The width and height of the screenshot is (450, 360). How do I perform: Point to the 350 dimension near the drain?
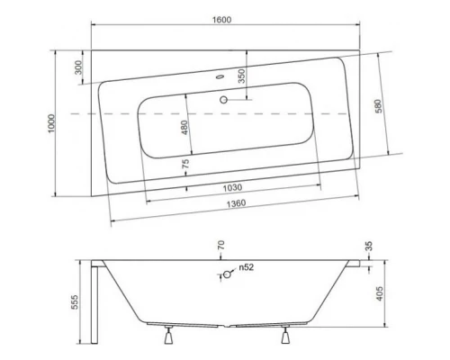point(240,76)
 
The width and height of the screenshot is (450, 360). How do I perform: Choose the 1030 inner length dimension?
point(233,187)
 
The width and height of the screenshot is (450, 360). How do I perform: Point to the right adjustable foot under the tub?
point(287,339)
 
